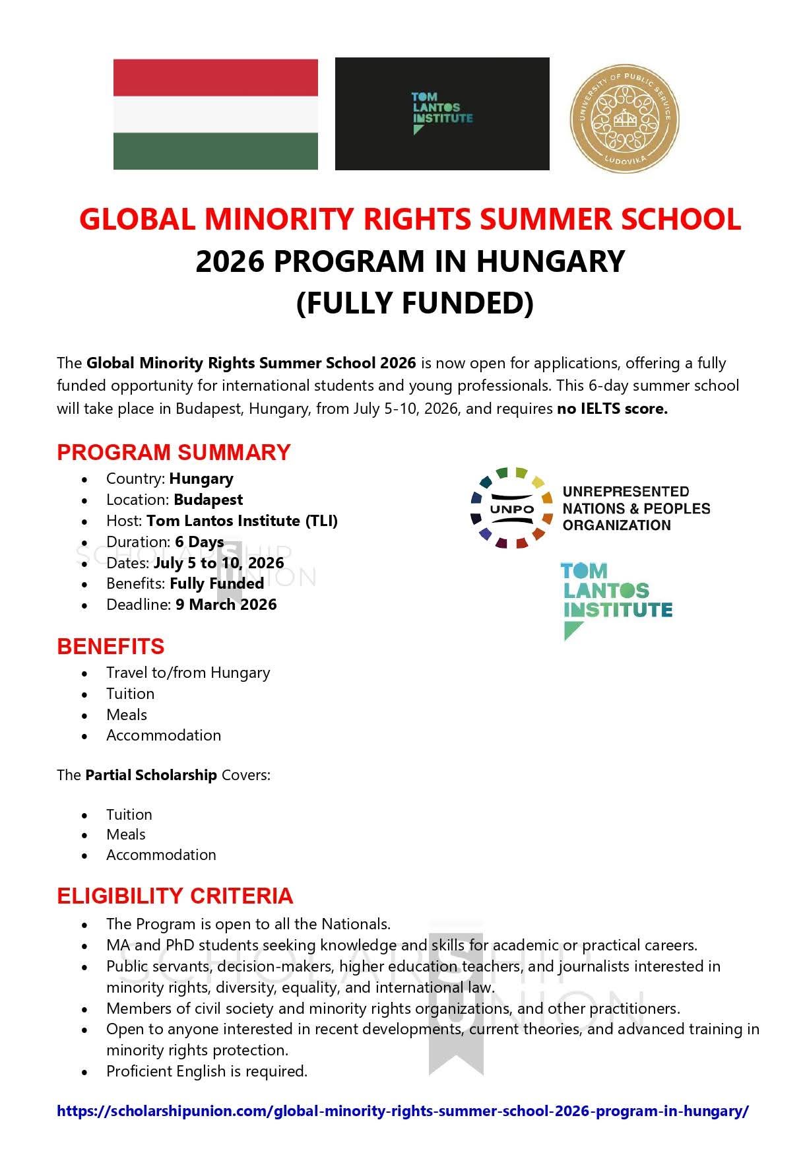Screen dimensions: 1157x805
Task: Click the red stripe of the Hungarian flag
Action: pos(215,77)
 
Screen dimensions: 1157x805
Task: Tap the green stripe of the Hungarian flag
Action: pos(215,151)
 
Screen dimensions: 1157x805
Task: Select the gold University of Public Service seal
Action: pos(624,119)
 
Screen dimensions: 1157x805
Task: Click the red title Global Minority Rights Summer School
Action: pos(410,219)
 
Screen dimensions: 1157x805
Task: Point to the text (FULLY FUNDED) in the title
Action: pos(414,303)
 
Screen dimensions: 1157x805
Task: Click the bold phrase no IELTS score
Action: pos(612,409)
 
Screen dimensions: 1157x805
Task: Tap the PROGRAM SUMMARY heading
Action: pos(174,452)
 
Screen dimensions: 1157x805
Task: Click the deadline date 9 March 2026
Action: pos(226,605)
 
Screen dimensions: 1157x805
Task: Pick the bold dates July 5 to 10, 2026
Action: pos(218,563)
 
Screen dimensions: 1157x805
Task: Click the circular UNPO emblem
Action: pos(512,508)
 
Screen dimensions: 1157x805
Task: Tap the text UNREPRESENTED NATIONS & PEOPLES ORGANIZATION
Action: pos(635,508)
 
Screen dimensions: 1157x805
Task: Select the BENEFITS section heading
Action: pos(110,646)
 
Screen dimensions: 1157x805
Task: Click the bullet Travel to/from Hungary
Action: pos(188,673)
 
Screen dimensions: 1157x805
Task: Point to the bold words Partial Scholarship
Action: pos(150,775)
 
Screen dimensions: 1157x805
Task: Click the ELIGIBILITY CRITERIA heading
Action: pos(175,896)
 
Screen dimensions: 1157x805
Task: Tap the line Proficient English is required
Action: pos(207,1071)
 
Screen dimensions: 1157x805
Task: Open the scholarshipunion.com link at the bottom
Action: pos(402,1111)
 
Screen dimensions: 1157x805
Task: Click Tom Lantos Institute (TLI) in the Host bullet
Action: pos(241,521)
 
